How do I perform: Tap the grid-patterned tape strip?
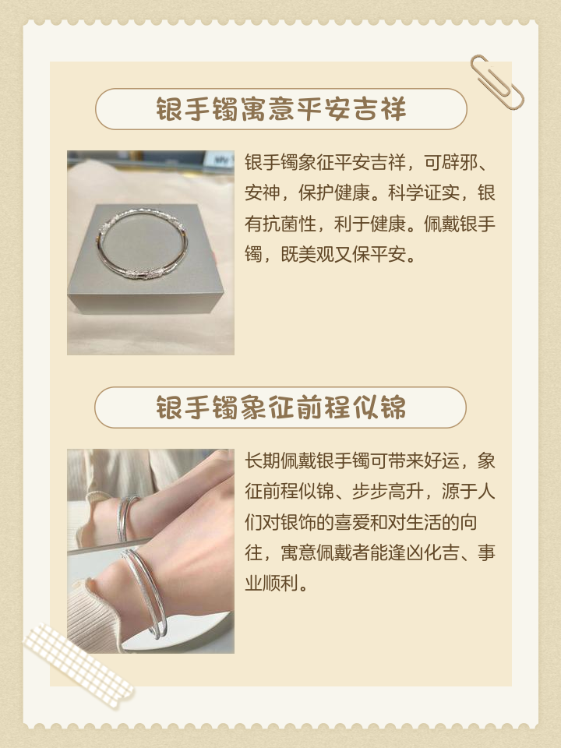point(78,663)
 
